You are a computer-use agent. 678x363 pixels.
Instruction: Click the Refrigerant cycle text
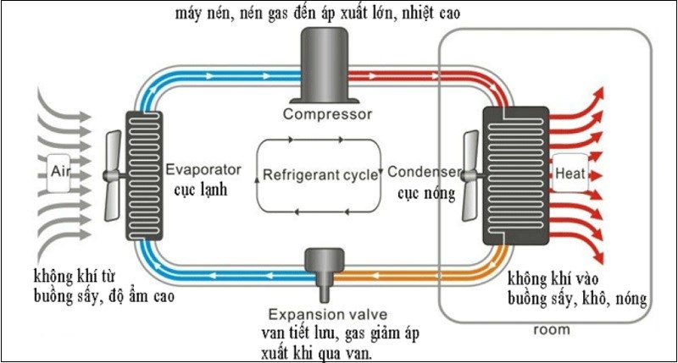tap(320, 176)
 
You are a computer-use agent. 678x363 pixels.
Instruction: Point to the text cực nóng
tap(425, 193)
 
